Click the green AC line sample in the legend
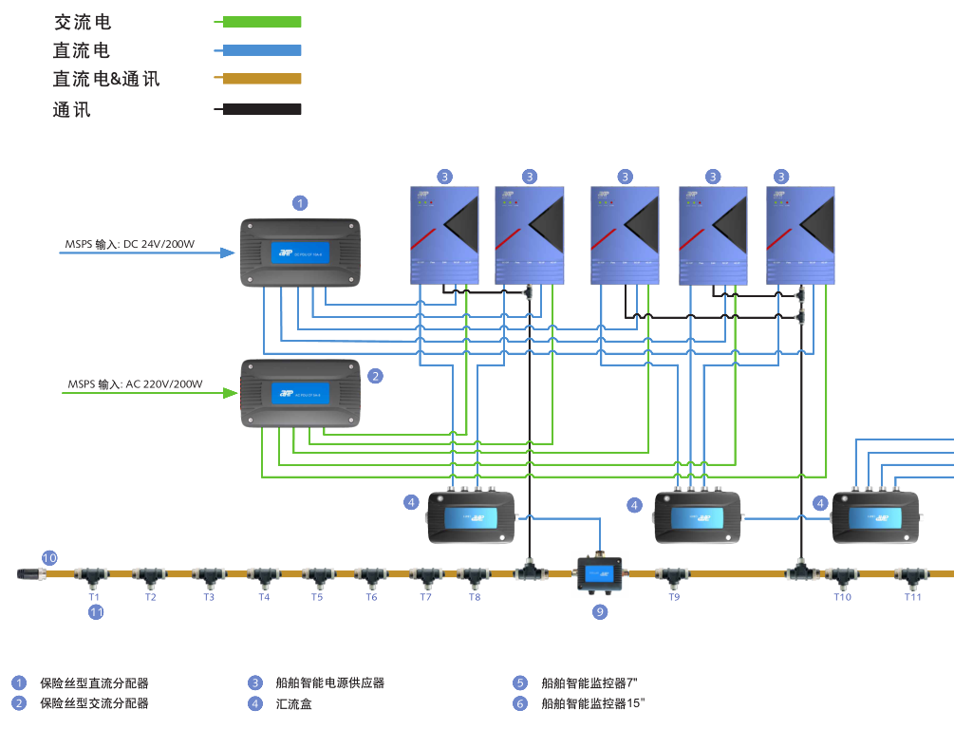coord(259,21)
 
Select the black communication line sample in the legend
coord(259,109)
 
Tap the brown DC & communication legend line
coord(259,79)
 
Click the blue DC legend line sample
coord(259,50)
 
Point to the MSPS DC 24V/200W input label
coord(130,245)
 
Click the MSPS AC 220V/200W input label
coord(135,384)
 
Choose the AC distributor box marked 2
coord(300,393)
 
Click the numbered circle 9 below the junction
coord(600,612)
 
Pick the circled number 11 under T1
coord(96,612)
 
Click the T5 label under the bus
coord(317,597)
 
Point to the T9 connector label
coord(674,597)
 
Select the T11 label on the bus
coord(912,597)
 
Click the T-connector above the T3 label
coord(208,574)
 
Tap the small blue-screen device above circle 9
coord(600,572)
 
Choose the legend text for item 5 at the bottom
coord(589,682)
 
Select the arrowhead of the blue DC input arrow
coord(227,252)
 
